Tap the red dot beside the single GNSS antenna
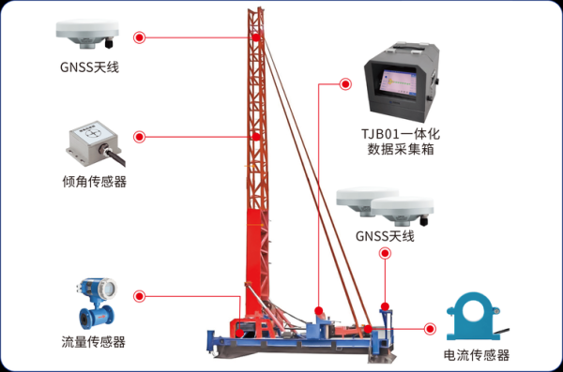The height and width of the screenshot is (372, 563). point(140,38)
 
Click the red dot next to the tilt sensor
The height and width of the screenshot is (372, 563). point(140,136)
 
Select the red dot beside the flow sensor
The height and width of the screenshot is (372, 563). point(140,296)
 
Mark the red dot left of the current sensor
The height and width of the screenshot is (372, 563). point(431,329)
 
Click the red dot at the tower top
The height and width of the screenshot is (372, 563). point(255,38)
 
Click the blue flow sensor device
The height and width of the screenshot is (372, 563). point(90,302)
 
